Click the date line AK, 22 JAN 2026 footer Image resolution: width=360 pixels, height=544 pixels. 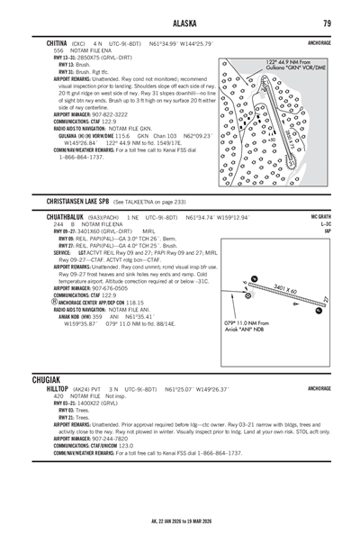click(181, 521)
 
